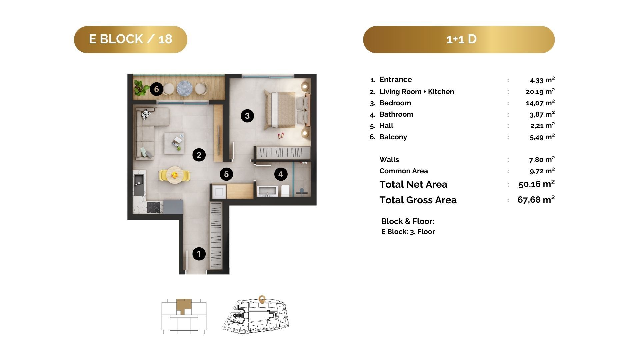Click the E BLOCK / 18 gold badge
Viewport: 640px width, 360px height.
[x=130, y=39]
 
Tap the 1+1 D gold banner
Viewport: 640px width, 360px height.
[x=459, y=39]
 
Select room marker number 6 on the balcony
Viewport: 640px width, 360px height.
[x=156, y=89]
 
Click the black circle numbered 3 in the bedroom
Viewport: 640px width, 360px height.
[x=247, y=116]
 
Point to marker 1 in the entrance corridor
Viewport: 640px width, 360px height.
[x=199, y=254]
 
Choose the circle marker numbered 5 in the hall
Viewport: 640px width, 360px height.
[x=226, y=174]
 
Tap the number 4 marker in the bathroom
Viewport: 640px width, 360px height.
[x=281, y=174]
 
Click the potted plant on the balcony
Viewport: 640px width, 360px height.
[x=141, y=87]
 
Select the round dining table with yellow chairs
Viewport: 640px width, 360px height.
[x=175, y=175]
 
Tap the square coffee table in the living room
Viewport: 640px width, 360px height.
[x=174, y=143]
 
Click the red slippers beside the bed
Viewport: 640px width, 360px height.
[x=281, y=136]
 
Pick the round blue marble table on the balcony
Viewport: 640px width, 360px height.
[x=183, y=88]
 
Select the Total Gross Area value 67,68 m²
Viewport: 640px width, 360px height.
[x=536, y=200]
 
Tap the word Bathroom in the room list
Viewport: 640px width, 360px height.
[x=396, y=114]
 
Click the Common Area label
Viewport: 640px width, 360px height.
[x=404, y=171]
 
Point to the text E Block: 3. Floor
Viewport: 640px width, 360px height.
[x=408, y=232]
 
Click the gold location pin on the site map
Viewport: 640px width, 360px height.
[x=262, y=299]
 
